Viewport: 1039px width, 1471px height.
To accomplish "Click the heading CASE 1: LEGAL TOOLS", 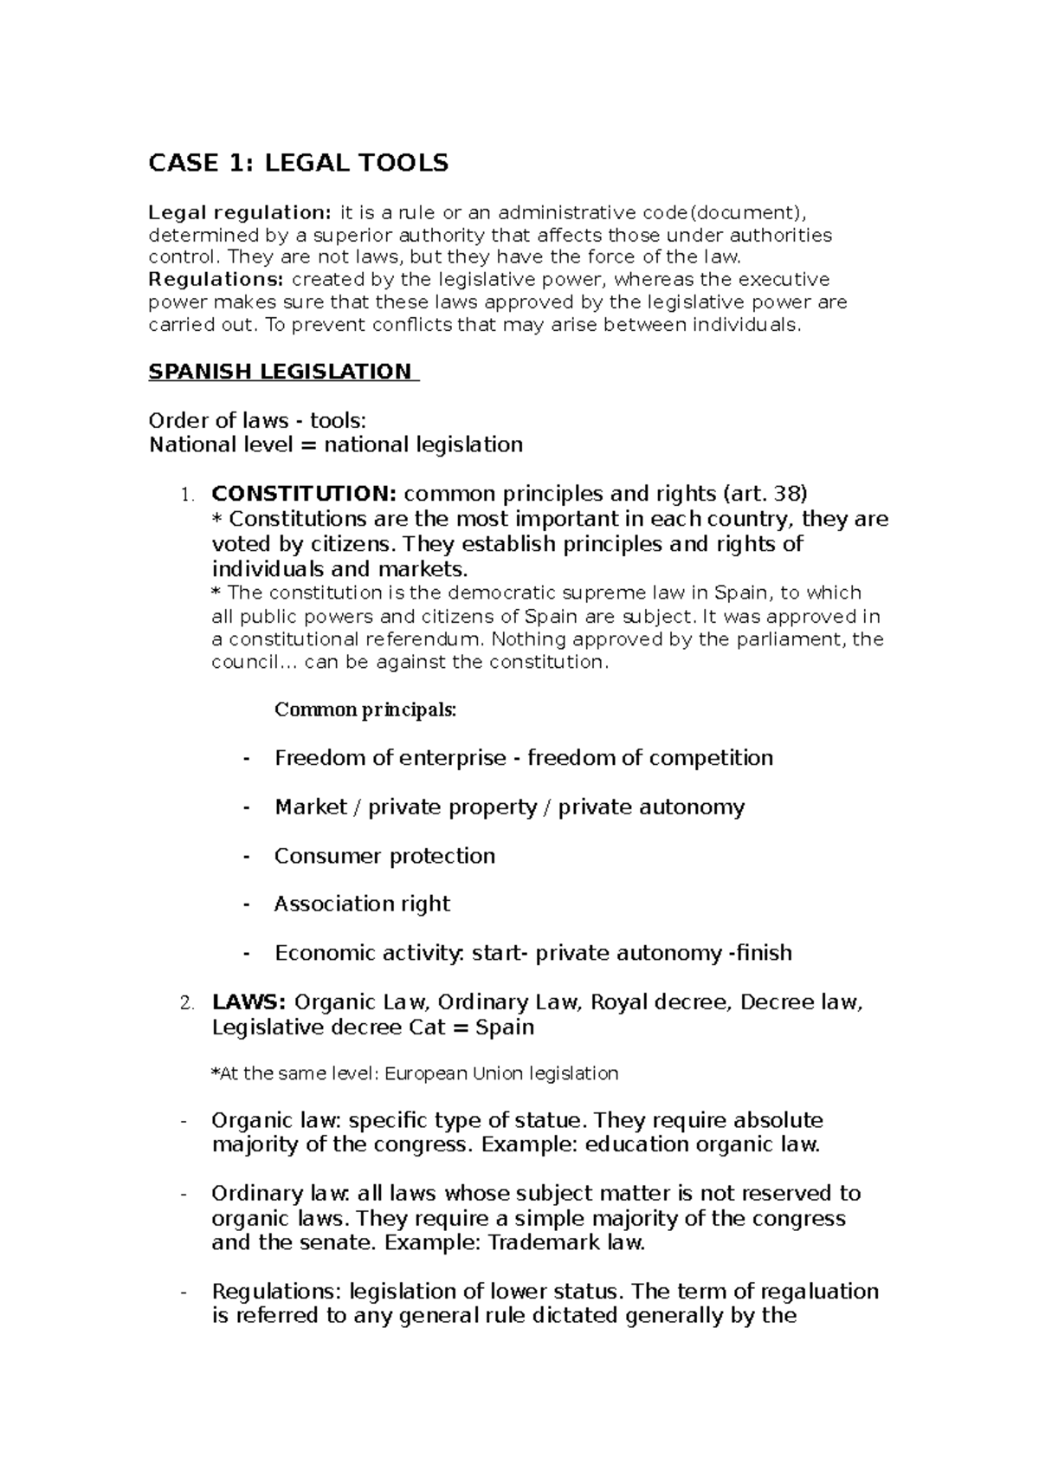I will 299,163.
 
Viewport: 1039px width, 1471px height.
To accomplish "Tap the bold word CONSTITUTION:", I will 304,494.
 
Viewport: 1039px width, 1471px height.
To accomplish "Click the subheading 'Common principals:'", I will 365,710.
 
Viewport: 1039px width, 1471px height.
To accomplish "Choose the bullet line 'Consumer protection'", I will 384,856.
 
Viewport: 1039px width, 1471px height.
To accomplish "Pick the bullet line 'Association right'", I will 362,904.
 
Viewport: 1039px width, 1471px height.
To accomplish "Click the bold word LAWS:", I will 248,1002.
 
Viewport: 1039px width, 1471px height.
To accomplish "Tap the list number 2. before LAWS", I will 186,1004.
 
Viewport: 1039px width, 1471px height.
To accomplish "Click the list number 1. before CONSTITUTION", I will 186,496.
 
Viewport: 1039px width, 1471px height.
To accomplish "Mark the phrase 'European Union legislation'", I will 501,1074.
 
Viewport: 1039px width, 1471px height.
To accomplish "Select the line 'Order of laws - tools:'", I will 258,421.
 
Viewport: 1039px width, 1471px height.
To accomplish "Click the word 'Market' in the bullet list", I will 310,807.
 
